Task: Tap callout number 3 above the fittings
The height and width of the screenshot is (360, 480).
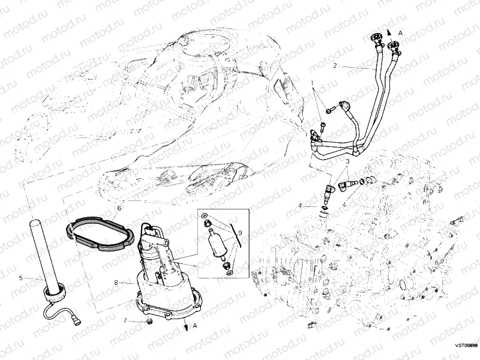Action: click(347, 161)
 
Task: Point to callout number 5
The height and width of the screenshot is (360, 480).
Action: click(21, 278)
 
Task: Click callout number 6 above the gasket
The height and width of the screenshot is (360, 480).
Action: click(119, 208)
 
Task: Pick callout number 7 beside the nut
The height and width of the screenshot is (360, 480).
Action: click(125, 321)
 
